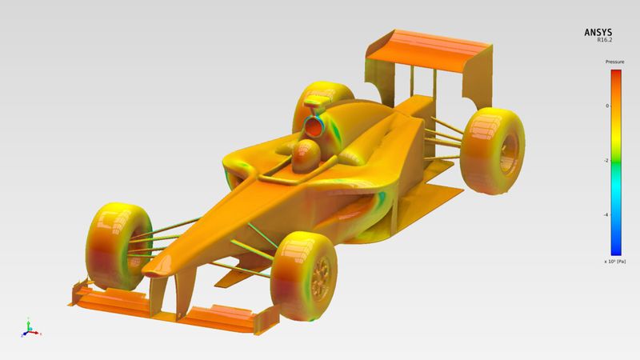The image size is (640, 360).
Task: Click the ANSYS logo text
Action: (599, 33)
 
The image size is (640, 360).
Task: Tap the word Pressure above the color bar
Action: (614, 62)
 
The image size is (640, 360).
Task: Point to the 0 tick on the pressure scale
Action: (606, 106)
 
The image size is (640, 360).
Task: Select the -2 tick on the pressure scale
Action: (606, 160)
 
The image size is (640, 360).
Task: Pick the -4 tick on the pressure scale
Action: (606, 214)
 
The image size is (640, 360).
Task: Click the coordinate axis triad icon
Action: (29, 327)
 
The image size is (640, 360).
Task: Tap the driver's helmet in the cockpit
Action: (306, 154)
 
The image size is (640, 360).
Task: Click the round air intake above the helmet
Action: (317, 123)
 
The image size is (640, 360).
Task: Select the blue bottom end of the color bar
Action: (616, 250)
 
